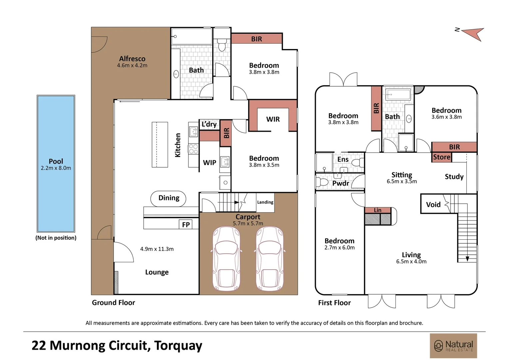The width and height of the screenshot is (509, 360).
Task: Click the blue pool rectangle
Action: pos(56,164)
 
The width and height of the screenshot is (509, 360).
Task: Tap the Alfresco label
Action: pos(132,59)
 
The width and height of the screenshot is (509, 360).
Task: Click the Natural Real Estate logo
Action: pos(453,346)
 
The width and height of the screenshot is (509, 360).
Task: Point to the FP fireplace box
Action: pos(186,225)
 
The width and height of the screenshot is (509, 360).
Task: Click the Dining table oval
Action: pos(168,199)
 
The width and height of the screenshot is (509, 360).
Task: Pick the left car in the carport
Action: pos(226,259)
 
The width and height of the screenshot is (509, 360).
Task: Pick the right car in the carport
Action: pos(270,259)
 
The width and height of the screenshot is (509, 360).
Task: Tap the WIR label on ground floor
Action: pos(273,119)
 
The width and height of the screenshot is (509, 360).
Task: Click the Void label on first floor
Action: pos(433,205)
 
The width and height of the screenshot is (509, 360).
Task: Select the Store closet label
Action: pos(442,157)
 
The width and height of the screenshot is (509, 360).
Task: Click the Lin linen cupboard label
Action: pos(378,210)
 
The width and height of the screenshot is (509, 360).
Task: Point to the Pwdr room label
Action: pos(341,183)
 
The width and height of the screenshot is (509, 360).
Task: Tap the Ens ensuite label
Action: pos(343,159)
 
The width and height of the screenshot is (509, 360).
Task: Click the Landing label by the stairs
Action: pos(265,202)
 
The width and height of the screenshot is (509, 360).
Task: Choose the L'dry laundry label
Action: pos(209,124)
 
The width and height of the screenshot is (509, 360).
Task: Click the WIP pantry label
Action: pos(210,163)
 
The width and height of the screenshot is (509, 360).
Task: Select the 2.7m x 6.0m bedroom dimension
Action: pos(339,247)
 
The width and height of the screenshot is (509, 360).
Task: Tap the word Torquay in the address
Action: pos(178,346)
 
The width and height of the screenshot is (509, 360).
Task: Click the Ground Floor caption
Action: pos(113,303)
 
